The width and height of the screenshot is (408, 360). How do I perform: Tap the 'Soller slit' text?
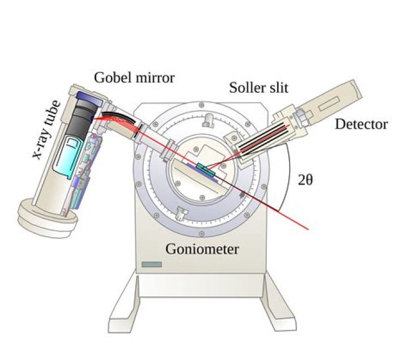point(258,87)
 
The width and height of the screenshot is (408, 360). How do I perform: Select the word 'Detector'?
point(361,124)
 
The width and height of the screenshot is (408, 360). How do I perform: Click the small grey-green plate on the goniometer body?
point(152,264)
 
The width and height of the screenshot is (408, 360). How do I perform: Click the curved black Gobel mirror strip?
point(116,118)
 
